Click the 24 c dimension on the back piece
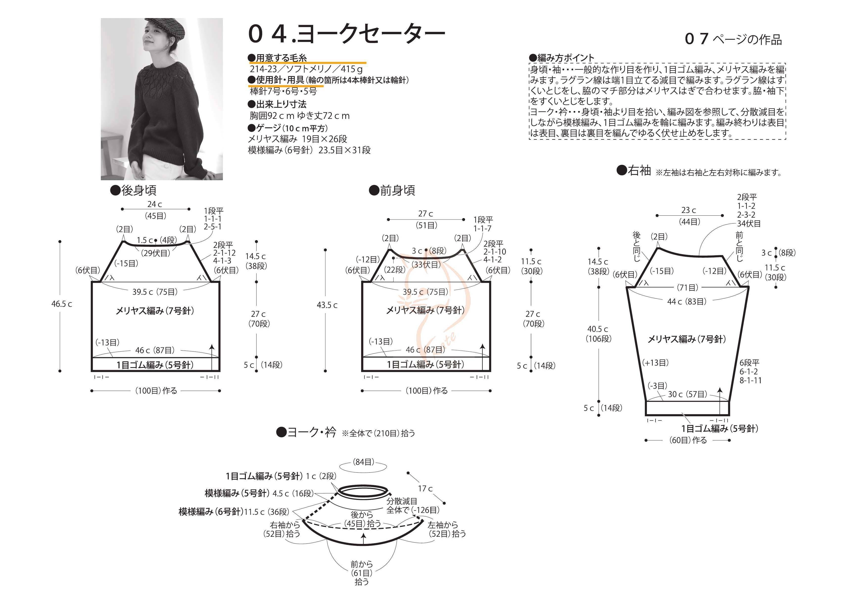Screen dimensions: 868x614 [154, 204]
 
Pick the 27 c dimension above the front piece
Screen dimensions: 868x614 [425, 214]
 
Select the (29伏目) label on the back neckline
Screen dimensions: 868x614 [156, 253]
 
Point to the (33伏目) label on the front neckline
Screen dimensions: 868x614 [426, 264]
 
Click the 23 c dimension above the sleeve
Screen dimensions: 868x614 [688, 210]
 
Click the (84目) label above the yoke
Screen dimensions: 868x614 [363, 462]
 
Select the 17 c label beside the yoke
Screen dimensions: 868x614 [425, 489]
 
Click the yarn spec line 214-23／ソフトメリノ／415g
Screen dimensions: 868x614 [306, 69]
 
